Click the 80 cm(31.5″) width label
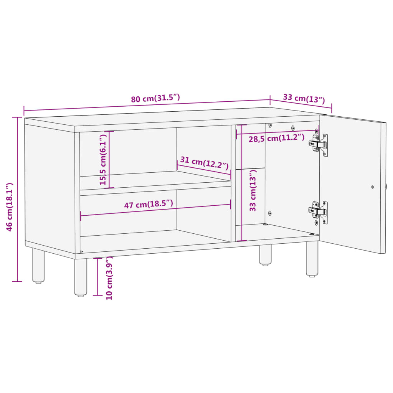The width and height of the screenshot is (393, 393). [x=155, y=98]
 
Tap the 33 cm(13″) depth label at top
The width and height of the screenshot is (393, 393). [x=304, y=99]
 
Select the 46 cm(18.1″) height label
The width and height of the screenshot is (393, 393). [x=10, y=207]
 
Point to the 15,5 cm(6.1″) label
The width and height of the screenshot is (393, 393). [x=103, y=159]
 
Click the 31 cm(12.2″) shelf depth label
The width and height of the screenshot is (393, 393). [x=204, y=164]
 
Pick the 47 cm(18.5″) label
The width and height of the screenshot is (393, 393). [x=148, y=205]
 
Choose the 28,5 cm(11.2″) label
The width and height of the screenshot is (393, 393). [x=276, y=138]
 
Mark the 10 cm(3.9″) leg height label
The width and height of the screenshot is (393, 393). [x=109, y=278]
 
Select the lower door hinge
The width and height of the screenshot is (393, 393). [x=319, y=211]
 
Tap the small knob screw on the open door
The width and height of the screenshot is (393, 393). [x=372, y=187]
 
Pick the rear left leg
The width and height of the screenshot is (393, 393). [x=38, y=266]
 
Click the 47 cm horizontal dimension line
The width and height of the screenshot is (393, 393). [x=155, y=210]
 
